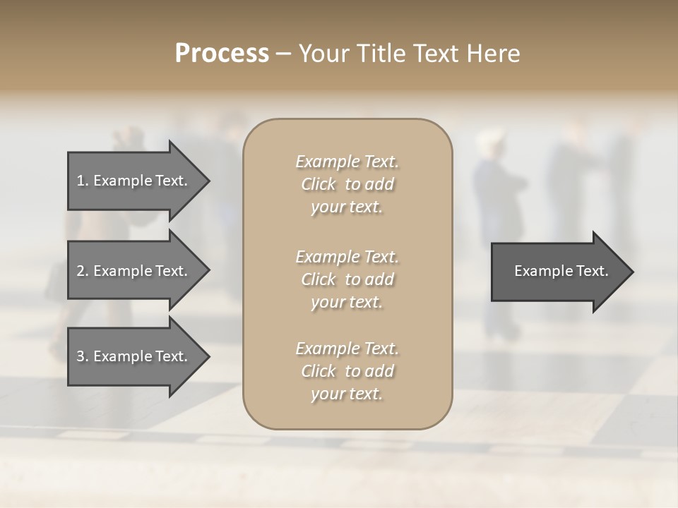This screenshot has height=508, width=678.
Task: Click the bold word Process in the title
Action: pyautogui.click(x=222, y=54)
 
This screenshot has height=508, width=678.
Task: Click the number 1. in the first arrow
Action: pyautogui.click(x=83, y=181)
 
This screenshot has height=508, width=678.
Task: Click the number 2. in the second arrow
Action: pyautogui.click(x=83, y=271)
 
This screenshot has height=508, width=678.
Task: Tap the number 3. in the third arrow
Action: pyautogui.click(x=83, y=356)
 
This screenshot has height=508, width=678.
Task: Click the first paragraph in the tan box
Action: pyautogui.click(x=347, y=184)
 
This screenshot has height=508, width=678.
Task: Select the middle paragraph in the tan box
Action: pyautogui.click(x=347, y=279)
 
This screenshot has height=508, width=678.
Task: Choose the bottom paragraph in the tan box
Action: pyautogui.click(x=347, y=371)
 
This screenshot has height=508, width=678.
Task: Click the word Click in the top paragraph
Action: pyautogui.click(x=318, y=184)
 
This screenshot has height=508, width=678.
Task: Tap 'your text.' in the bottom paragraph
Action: pyautogui.click(x=347, y=394)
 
